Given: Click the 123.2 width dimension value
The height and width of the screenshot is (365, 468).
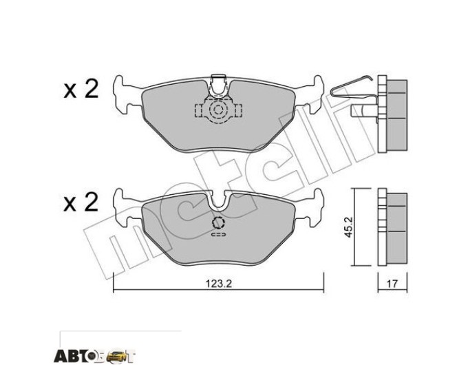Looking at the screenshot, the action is pos(219,284).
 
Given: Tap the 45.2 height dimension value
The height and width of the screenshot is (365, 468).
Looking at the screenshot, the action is pos(348,227).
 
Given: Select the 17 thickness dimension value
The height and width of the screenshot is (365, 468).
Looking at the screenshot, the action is pos(392,284).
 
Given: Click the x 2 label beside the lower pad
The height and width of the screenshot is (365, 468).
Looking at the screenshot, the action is pos(81,202).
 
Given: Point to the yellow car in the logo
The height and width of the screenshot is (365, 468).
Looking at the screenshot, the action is pos(117,355).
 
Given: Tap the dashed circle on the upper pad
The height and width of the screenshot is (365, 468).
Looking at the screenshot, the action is pos(218,110).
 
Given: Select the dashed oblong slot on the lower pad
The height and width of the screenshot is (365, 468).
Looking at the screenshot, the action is pos(218,235).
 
